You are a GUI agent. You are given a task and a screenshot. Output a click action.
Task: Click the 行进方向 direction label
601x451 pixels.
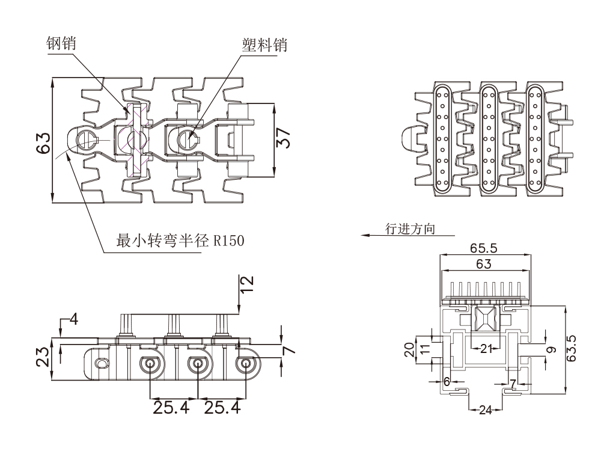point(410,229)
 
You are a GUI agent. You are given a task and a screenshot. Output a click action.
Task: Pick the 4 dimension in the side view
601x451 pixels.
point(73,319)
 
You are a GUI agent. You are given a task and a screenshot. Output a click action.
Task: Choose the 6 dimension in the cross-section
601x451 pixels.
point(447,381)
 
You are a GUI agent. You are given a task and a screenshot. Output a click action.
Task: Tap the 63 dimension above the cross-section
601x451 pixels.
point(484,264)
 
